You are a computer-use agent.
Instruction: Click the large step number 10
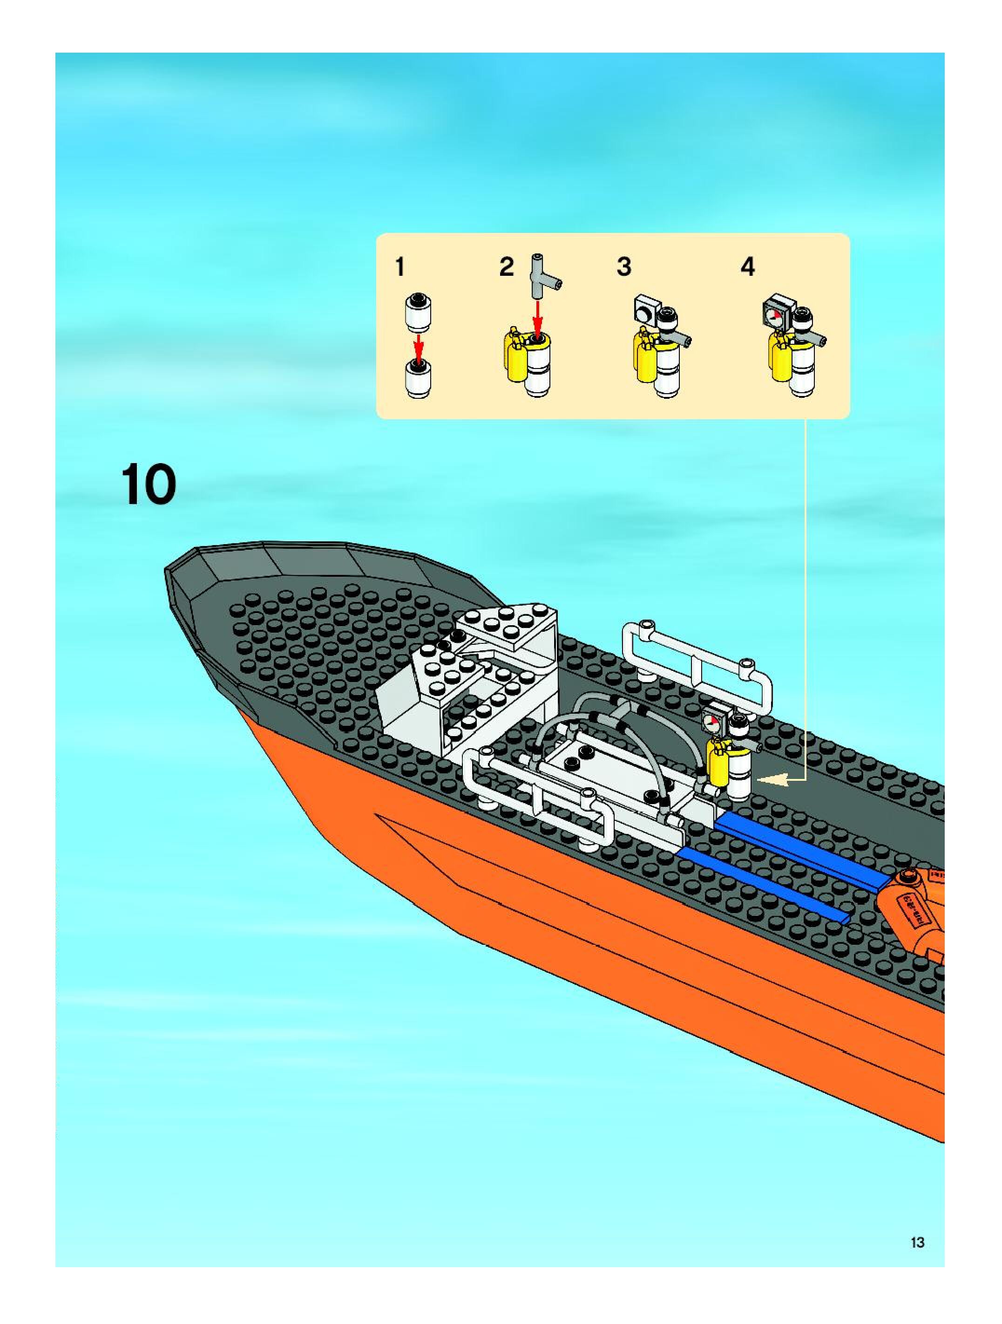pyautogui.click(x=149, y=485)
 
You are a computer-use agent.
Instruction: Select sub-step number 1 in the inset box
pyautogui.click(x=400, y=267)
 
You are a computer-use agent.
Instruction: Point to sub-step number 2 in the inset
pyautogui.click(x=507, y=267)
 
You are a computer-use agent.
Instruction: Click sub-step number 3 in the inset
pyautogui.click(x=624, y=267)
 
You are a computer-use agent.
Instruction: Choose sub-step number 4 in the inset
pyautogui.click(x=748, y=267)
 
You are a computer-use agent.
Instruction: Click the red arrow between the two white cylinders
pyautogui.click(x=419, y=347)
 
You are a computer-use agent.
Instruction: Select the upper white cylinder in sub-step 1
pyautogui.click(x=419, y=311)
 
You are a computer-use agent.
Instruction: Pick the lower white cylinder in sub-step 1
pyautogui.click(x=418, y=378)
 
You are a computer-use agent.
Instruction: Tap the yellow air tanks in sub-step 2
pyautogui.click(x=515, y=357)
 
